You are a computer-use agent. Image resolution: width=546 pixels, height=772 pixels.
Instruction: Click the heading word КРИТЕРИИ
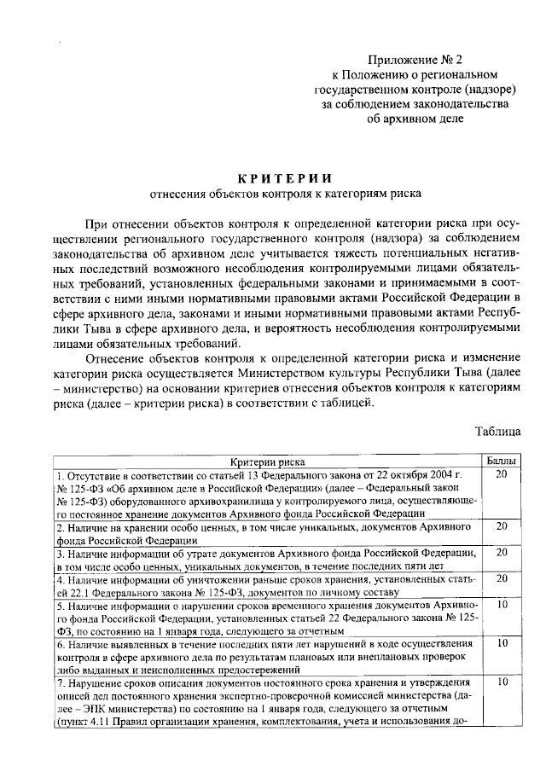pyautogui.click(x=284, y=177)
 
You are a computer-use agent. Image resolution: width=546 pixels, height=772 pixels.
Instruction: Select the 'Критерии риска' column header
pyautogui.click(x=268, y=461)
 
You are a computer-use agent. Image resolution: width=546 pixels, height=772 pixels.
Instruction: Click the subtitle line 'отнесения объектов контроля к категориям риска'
pyautogui.click(x=284, y=194)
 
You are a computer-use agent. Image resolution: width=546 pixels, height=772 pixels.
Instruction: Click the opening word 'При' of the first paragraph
pyautogui.click(x=98, y=223)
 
